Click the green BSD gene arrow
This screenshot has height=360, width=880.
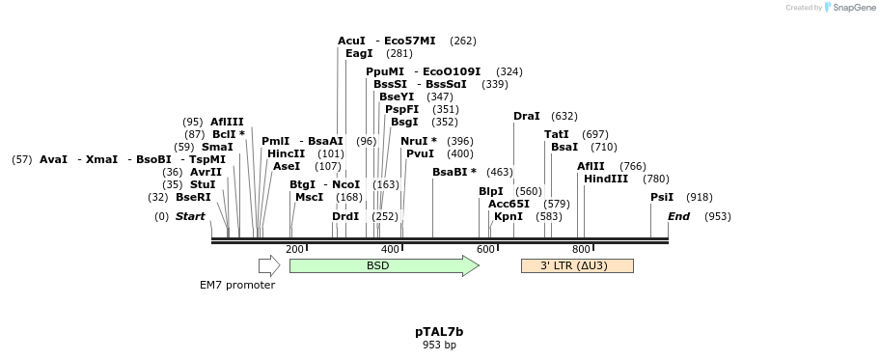[383, 265]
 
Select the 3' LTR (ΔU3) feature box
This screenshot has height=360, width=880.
[576, 265]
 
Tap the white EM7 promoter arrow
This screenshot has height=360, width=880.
[268, 265]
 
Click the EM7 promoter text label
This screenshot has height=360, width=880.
[237, 285]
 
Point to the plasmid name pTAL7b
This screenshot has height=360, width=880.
[439, 331]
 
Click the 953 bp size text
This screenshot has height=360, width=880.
[439, 345]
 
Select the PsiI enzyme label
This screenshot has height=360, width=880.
[662, 197]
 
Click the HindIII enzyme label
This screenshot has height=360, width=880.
[606, 179]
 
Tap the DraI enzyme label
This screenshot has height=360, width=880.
[527, 116]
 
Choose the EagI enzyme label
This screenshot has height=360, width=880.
[359, 53]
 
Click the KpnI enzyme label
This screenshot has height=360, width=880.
[509, 216]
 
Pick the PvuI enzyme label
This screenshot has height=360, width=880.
[420, 153]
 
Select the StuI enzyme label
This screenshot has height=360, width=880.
[203, 184]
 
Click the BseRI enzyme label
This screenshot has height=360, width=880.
[193, 197]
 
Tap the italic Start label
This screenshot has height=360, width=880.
[190, 216]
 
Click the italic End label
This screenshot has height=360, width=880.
[678, 216]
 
